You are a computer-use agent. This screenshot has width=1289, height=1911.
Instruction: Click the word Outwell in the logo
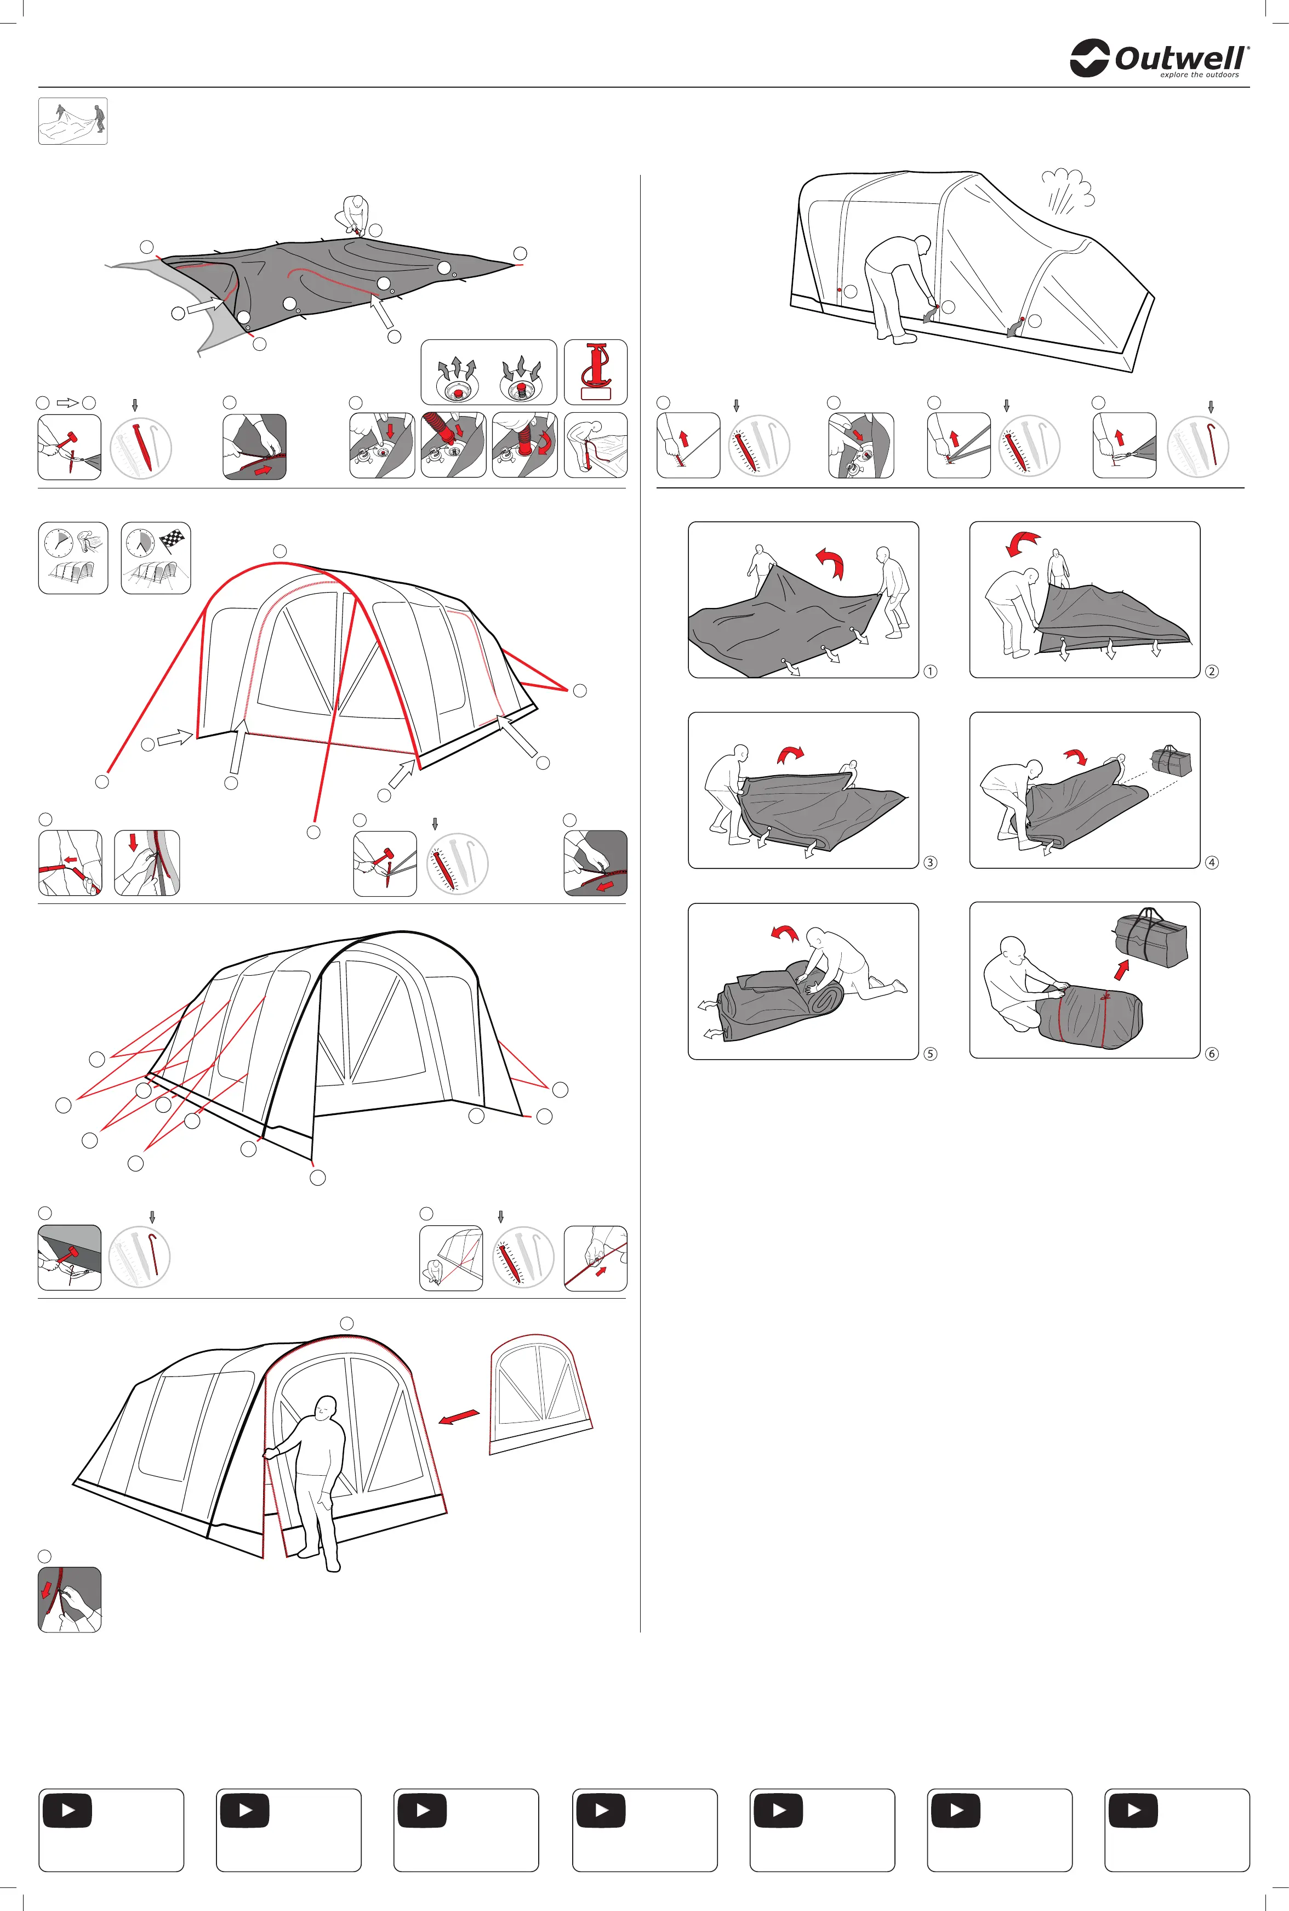(x=1180, y=58)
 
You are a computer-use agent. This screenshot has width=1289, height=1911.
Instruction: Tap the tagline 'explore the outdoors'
(x=1199, y=75)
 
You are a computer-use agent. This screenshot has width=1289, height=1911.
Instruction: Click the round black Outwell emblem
(x=1090, y=58)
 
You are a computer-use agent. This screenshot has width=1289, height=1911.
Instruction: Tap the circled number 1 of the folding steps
(x=929, y=671)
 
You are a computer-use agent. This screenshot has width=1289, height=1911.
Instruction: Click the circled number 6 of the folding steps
(x=1212, y=1054)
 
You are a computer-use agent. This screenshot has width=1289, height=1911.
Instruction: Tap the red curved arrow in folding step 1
(x=830, y=564)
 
